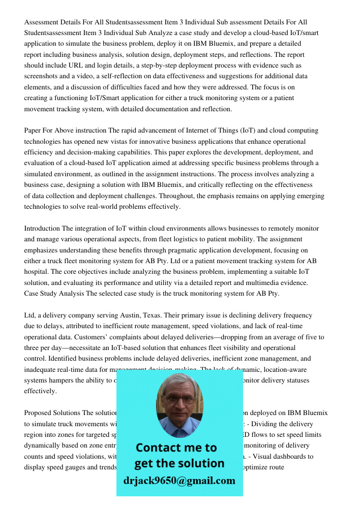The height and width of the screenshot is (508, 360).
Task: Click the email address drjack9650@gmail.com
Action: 179,481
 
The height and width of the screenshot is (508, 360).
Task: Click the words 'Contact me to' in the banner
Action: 176,448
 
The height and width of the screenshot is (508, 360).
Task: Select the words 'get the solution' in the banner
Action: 179,463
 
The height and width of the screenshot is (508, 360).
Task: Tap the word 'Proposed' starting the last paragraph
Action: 39,413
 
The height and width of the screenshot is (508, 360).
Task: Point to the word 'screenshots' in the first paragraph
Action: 42,76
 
